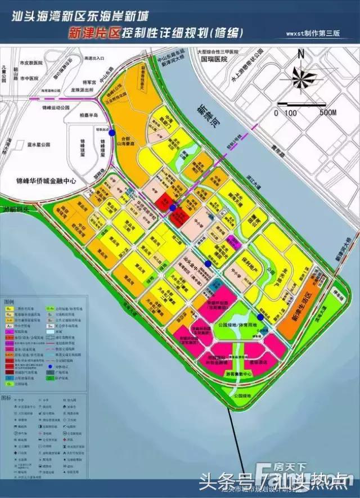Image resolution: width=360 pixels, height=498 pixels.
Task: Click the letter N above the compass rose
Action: point(301,55)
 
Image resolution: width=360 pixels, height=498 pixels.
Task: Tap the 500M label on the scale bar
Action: point(327,113)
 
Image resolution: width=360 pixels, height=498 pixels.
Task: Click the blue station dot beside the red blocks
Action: point(173,209)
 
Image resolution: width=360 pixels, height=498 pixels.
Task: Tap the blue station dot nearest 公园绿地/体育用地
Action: point(260,317)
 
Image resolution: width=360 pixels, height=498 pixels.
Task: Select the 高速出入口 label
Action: point(94,58)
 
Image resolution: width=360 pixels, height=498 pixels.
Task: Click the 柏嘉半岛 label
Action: point(89,115)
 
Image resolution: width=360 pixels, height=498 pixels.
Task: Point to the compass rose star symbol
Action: point(302,75)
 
